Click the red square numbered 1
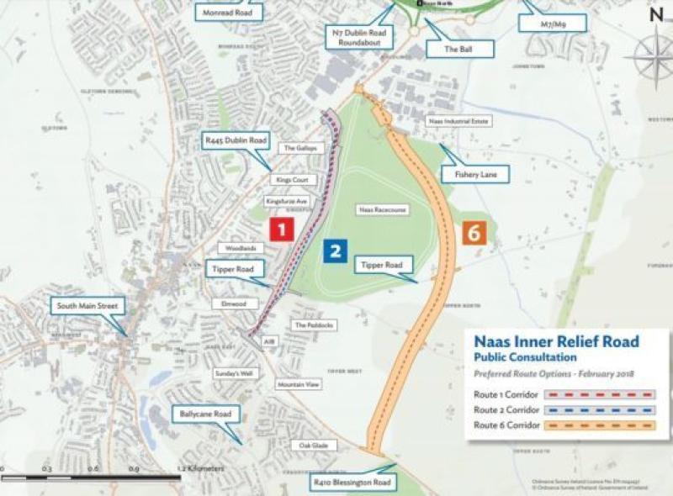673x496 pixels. click(280, 229)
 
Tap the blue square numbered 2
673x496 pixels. click(335, 250)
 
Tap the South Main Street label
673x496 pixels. click(87, 305)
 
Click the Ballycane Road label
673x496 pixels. click(205, 414)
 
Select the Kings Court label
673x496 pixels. click(286, 179)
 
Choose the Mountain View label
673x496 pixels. click(299, 384)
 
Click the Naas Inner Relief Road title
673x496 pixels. click(557, 341)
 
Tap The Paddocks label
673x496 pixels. click(313, 325)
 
